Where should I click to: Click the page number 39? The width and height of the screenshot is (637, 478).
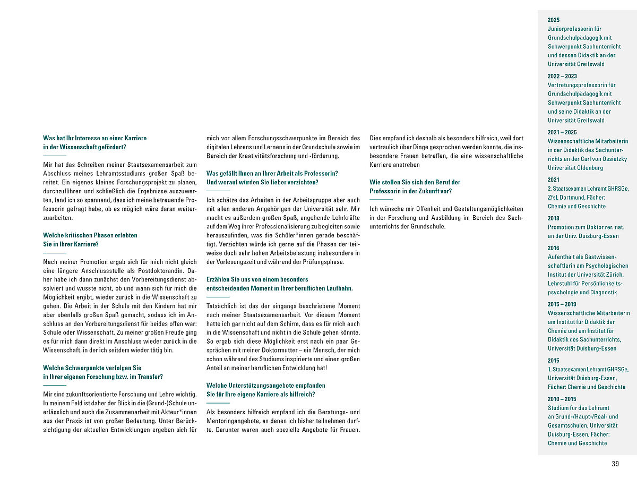tap(615, 464)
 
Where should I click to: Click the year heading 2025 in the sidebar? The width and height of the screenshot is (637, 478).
tap(554, 20)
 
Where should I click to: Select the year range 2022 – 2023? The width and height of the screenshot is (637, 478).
tap(562, 76)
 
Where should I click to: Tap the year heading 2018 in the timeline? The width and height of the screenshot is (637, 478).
tap(554, 218)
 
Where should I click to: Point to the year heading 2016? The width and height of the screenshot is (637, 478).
tap(554, 247)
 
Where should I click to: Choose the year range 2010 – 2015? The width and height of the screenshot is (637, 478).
tap(562, 399)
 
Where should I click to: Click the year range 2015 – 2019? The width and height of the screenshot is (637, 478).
tap(562, 304)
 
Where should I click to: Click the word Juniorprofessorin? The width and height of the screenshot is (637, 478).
tap(575, 29)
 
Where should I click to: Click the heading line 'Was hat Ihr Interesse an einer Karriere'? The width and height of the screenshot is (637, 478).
tap(95, 138)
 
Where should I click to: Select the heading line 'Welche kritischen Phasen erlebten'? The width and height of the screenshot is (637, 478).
tap(90, 235)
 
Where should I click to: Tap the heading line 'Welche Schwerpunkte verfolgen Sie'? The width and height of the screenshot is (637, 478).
tap(92, 368)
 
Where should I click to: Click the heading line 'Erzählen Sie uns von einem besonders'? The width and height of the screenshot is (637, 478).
tap(257, 279)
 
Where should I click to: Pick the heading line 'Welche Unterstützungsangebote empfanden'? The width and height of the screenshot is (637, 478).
tap(266, 385)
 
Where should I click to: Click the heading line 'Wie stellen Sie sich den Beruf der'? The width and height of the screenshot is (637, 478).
tap(415, 182)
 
